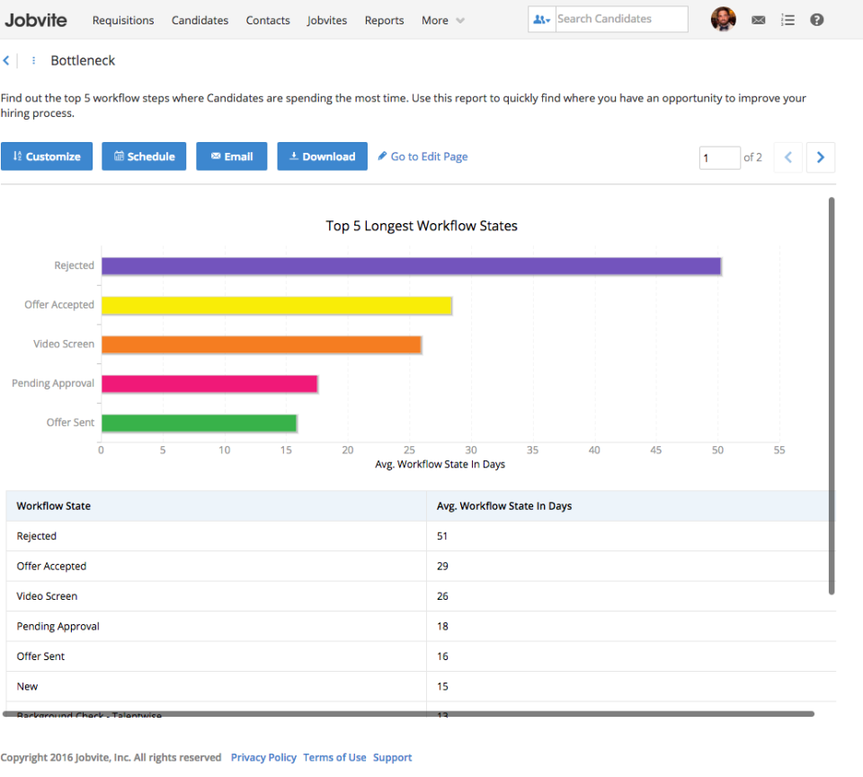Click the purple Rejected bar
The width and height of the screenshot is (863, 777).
(x=411, y=266)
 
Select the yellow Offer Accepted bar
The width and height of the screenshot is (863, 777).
(x=276, y=305)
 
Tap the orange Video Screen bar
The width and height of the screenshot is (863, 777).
(x=261, y=344)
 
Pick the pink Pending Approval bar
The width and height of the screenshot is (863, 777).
(x=209, y=384)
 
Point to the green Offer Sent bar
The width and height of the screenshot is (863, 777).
(x=199, y=423)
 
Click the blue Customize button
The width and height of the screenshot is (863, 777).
(x=47, y=156)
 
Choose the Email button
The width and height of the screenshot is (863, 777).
(x=232, y=156)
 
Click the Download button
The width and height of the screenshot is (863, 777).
(x=322, y=156)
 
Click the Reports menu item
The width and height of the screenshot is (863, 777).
(x=384, y=20)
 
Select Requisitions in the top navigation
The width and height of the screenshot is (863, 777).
(x=123, y=20)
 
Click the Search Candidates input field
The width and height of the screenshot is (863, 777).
(x=619, y=19)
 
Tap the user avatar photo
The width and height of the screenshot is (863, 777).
(x=723, y=19)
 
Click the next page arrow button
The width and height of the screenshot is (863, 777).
(x=820, y=157)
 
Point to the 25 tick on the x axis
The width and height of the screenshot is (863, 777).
(x=410, y=450)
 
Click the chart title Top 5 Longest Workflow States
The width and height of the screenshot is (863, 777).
(x=422, y=226)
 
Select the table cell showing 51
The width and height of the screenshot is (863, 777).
(x=442, y=536)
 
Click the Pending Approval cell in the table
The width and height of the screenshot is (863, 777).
(x=58, y=626)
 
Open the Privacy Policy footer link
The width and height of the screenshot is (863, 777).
(x=263, y=757)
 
